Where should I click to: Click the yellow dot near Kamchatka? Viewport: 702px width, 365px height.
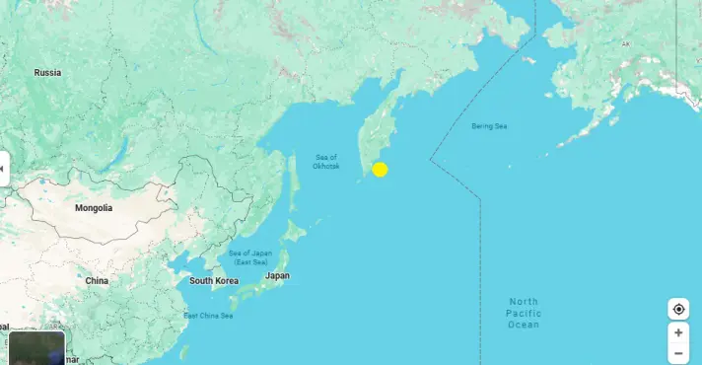(380, 169)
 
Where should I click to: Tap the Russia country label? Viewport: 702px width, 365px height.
(47, 73)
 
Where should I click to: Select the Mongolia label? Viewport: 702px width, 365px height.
(94, 208)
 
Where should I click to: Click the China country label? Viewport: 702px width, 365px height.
(97, 281)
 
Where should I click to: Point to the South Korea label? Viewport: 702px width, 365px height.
(214, 281)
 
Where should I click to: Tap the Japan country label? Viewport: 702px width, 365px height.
(278, 275)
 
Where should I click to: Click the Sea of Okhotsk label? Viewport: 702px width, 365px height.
(326, 162)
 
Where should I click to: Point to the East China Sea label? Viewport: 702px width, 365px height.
(208, 316)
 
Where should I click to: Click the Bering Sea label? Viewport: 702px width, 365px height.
(488, 126)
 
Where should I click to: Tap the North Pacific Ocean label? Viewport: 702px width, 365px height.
(525, 313)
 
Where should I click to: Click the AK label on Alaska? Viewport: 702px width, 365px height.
(625, 44)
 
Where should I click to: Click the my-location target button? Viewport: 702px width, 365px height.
(678, 309)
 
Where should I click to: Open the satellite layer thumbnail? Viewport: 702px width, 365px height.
(36, 348)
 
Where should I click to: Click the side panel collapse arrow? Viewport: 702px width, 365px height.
(4, 169)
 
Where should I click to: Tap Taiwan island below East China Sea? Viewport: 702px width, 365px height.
(184, 351)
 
